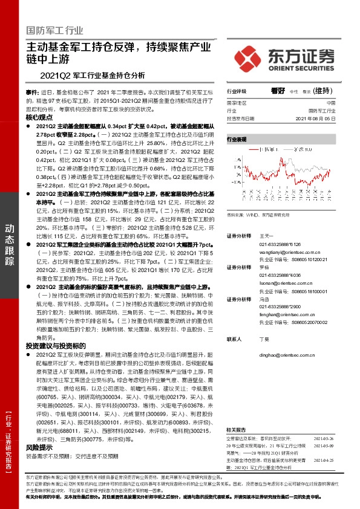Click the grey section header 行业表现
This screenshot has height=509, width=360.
(x=237, y=139)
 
